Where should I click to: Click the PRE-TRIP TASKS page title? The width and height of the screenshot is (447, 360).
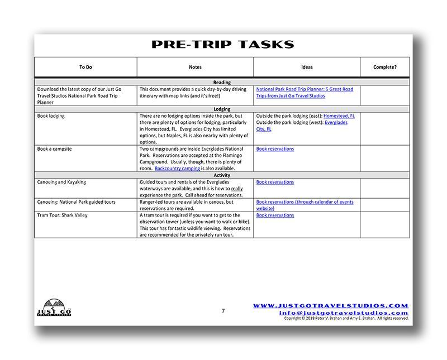pyautogui.click(x=222, y=45)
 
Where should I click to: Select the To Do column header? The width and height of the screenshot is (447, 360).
pyautogui.click(x=85, y=67)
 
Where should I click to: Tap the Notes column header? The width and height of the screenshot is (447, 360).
pyautogui.click(x=195, y=67)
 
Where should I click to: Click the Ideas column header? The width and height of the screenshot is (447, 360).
pyautogui.click(x=307, y=67)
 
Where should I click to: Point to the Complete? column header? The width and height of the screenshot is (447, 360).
pyautogui.click(x=385, y=67)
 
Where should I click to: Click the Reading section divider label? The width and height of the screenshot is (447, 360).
pyautogui.click(x=222, y=83)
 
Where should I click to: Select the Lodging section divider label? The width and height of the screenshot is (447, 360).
pyautogui.click(x=222, y=109)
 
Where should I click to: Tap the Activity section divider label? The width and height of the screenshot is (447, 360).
pyautogui.click(x=222, y=175)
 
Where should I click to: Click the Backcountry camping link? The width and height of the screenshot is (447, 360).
pyautogui.click(x=177, y=169)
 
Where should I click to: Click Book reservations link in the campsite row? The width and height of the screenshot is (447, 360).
pyautogui.click(x=275, y=149)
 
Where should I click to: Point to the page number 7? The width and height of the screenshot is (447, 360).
pyautogui.click(x=223, y=311)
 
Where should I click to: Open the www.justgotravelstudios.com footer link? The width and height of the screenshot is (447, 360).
pyautogui.click(x=331, y=306)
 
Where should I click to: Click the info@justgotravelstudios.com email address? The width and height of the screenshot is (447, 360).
pyautogui.click(x=344, y=313)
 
